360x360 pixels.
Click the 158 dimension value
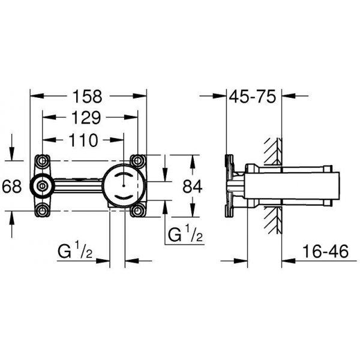[x=87, y=97]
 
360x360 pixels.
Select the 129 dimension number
[x=86, y=118]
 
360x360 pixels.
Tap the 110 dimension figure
[x=83, y=140]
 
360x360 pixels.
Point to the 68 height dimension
[x=12, y=186]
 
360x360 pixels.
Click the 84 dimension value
[x=193, y=186]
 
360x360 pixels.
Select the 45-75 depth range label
[x=253, y=97]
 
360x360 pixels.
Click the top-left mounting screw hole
[x=42, y=161]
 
